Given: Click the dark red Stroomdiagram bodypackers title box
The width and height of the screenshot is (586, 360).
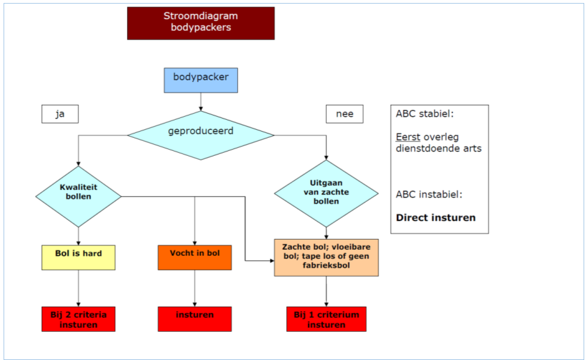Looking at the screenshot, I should point(201,23).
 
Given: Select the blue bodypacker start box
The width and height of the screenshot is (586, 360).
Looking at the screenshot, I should point(201,80).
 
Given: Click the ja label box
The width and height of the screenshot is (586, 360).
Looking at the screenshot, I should point(60,114).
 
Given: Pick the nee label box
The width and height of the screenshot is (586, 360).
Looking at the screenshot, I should point(344,114).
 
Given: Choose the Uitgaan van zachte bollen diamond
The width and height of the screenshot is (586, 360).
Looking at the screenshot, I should point(326,193).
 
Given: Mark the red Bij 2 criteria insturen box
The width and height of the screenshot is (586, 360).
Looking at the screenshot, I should point(78,319).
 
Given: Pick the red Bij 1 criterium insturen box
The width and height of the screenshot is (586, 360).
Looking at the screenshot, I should point(326,319).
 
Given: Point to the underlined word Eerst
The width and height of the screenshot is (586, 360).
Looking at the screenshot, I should point(407,137).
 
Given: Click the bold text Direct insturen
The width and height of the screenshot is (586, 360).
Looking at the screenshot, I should point(436,217).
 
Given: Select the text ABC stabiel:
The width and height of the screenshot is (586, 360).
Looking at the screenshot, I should point(424,114).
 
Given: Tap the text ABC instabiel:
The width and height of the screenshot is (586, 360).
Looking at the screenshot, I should point(429,195).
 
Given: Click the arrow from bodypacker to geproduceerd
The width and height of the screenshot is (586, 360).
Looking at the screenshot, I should point(201,102).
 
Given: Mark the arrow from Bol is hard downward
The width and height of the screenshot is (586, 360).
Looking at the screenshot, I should point(78,288).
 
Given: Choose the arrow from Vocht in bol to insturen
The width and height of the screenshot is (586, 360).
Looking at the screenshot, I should point(195,288).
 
